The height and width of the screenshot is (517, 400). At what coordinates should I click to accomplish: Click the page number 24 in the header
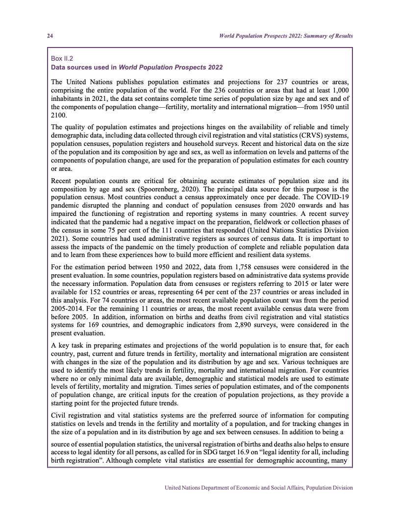(x=50, y=36)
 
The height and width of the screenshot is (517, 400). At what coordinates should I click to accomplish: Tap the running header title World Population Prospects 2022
(x=286, y=36)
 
